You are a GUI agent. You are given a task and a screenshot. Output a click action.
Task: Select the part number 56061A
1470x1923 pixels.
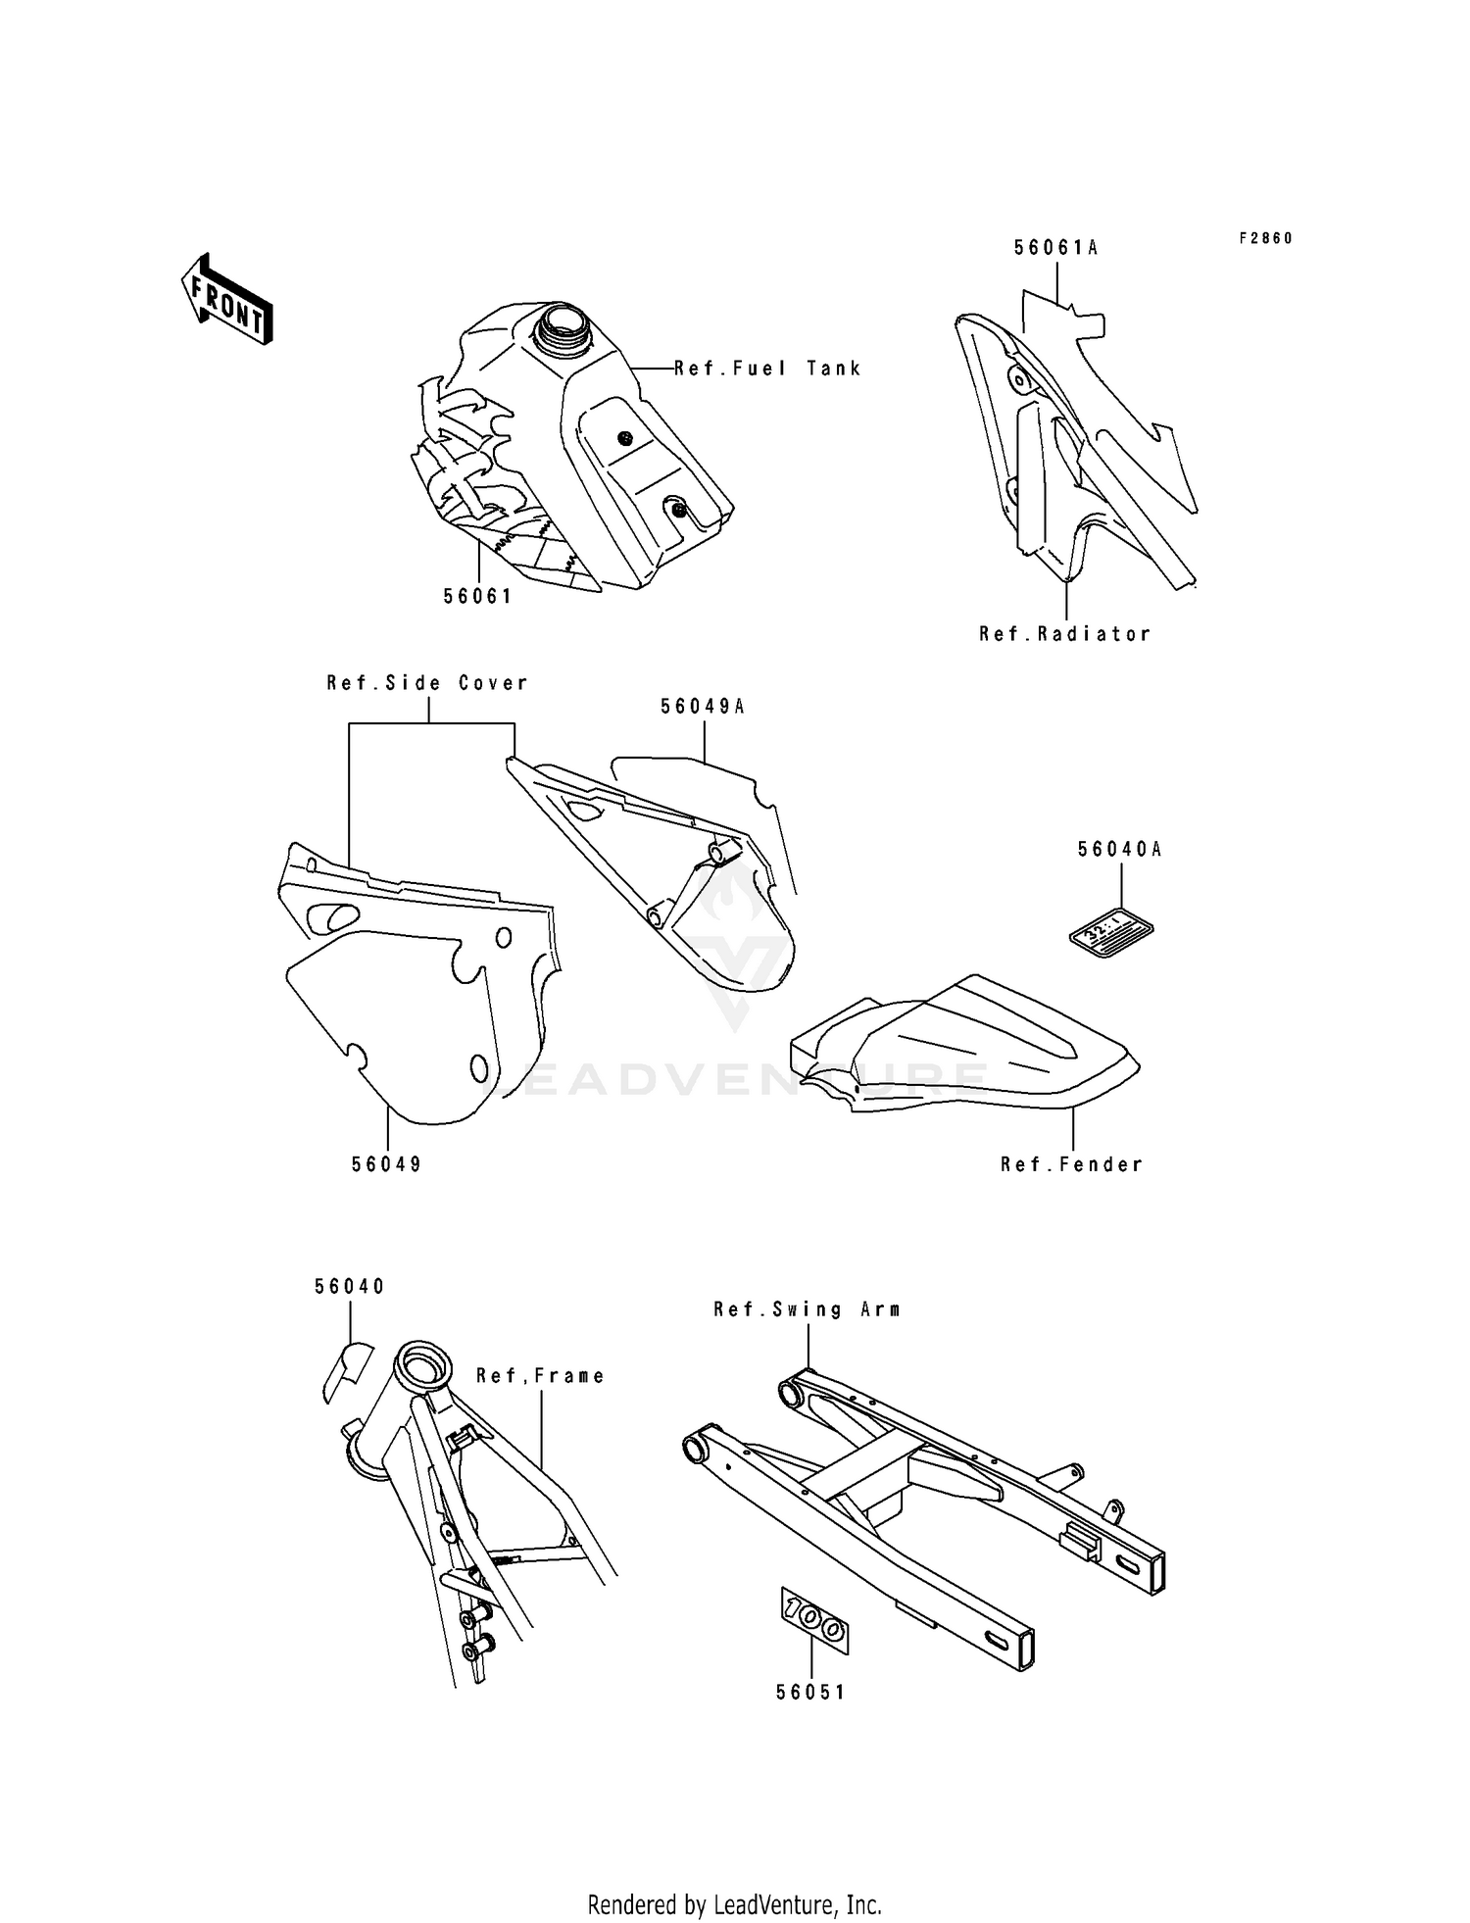pyautogui.click(x=1055, y=248)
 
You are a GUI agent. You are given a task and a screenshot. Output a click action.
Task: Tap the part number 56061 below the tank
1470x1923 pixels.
pyautogui.click(x=477, y=596)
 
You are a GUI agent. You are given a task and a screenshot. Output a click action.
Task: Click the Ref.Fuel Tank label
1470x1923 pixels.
pyautogui.click(x=767, y=369)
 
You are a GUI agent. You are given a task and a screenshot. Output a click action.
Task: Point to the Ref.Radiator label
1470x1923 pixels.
pyautogui.click(x=1064, y=634)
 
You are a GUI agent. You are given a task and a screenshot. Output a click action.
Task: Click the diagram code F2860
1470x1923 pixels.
pyautogui.click(x=1265, y=238)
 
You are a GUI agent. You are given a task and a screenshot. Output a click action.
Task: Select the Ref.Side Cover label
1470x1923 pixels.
pyautogui.click(x=427, y=683)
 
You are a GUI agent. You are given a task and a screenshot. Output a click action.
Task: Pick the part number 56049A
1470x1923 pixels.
pyautogui.click(x=703, y=706)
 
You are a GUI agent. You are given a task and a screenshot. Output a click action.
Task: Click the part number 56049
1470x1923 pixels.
pyautogui.click(x=387, y=1164)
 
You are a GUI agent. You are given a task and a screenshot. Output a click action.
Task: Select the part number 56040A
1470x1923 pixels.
pyautogui.click(x=1119, y=850)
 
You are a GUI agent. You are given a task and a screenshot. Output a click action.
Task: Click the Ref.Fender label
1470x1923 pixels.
pyautogui.click(x=1071, y=1164)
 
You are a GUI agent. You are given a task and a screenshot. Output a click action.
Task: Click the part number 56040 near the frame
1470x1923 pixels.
pyautogui.click(x=350, y=1286)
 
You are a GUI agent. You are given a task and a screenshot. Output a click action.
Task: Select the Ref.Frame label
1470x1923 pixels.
pyautogui.click(x=540, y=1376)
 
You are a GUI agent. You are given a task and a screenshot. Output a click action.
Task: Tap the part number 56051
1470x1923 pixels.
pyautogui.click(x=810, y=1692)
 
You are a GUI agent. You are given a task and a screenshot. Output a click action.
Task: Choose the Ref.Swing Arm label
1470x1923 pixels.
pyautogui.click(x=808, y=1309)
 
